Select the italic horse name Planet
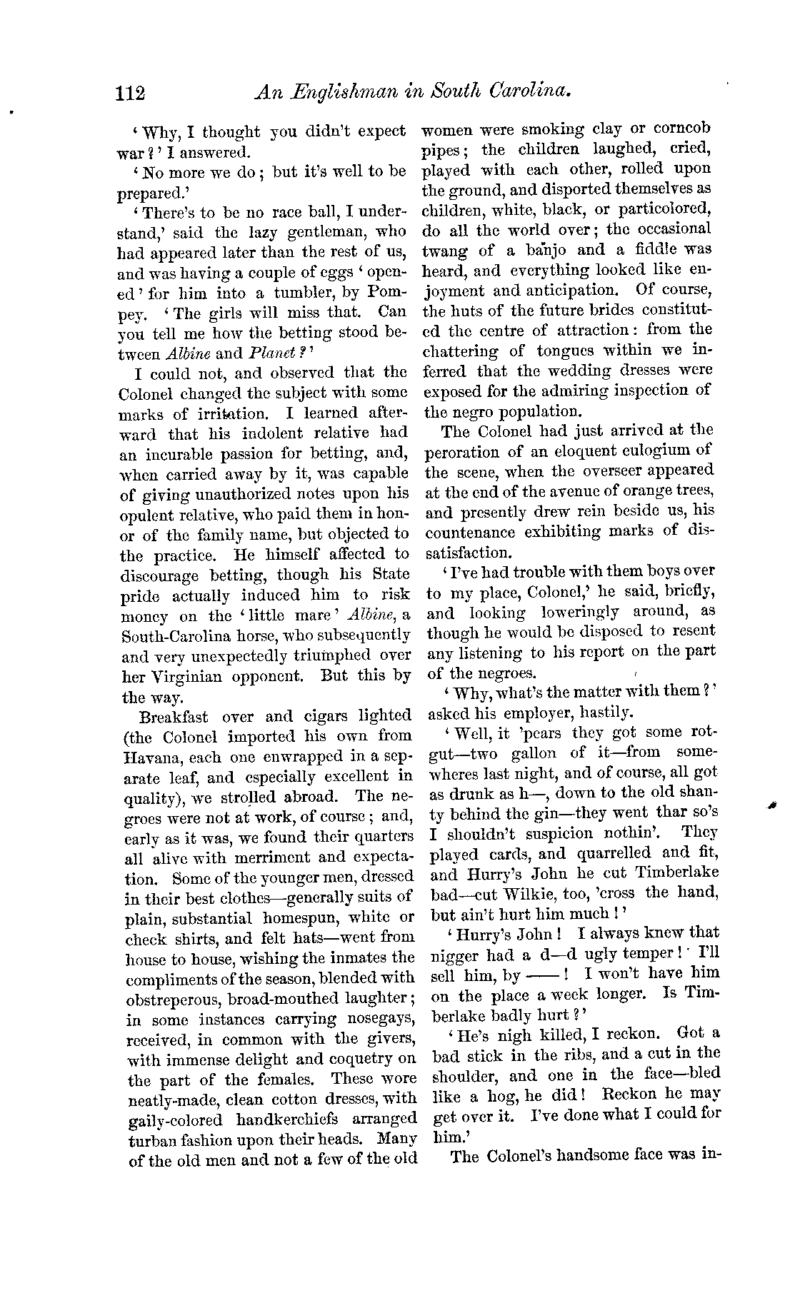[x=268, y=353]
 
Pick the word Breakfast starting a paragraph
[x=176, y=715]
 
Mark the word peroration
[x=461, y=451]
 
